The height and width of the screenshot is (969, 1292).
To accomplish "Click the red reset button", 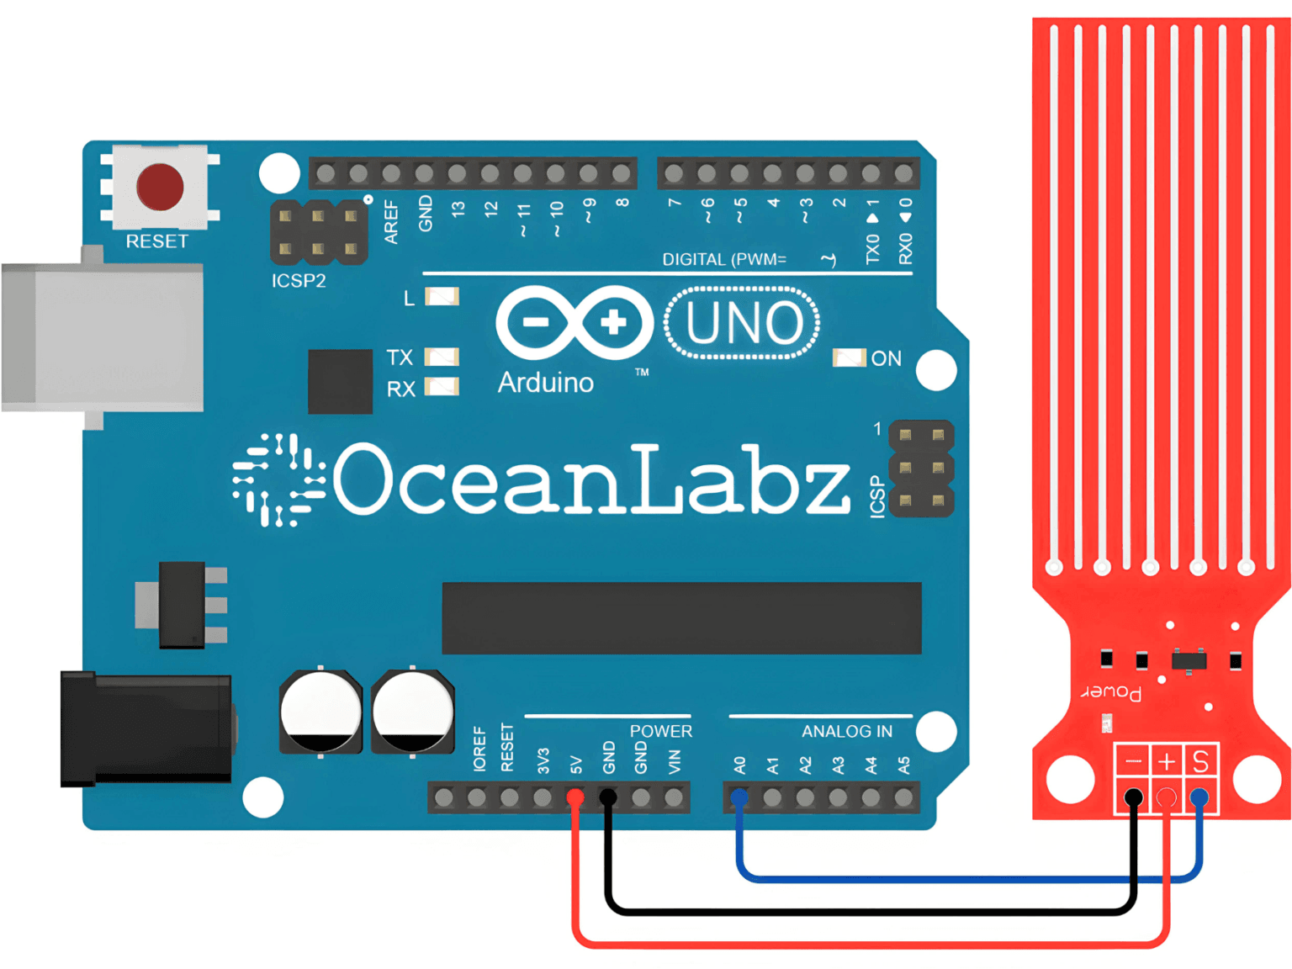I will click(160, 187).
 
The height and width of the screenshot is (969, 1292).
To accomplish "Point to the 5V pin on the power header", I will click(575, 797).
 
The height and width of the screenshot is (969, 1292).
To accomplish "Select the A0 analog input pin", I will click(739, 797).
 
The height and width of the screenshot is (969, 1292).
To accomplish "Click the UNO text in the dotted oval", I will click(743, 323).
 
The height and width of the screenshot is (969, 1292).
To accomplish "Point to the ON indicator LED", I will click(849, 358).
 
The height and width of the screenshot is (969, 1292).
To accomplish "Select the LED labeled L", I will click(442, 297).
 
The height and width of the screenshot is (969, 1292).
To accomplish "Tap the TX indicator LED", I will click(442, 357).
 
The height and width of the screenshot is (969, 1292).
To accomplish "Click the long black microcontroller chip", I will click(681, 617).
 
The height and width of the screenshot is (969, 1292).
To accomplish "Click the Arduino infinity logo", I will click(575, 322).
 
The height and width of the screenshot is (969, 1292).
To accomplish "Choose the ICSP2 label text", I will click(299, 281).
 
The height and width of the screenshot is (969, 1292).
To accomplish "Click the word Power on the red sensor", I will click(1111, 692).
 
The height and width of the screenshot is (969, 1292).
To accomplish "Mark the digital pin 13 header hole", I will click(457, 174).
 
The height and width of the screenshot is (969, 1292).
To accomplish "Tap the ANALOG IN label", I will click(846, 732).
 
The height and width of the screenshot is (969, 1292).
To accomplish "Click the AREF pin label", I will click(391, 221).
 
